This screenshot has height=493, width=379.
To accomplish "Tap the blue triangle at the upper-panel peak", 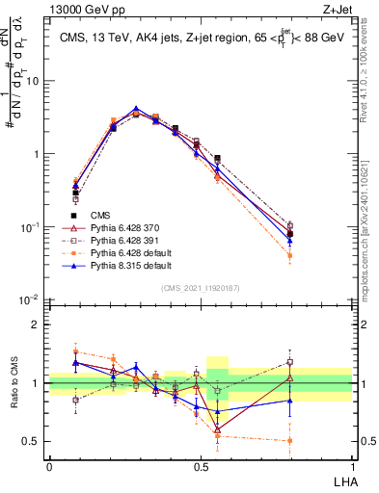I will [136, 109].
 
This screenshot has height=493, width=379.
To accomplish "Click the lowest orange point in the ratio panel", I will [290, 441].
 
